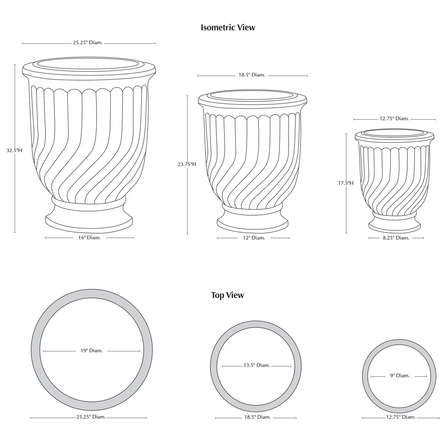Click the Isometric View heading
coord(228,28)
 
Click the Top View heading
coord(228,295)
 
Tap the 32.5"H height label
coord(14,151)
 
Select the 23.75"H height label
coord(187,164)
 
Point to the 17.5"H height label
coord(346,183)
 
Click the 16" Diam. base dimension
coord(89,238)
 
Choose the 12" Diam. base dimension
coord(254,238)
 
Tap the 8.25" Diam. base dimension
coord(396,238)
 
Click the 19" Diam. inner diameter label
coord(92,351)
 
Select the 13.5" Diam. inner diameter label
coord(257,365)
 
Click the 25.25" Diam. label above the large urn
coord(87,43)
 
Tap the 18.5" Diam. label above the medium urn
coord(252,75)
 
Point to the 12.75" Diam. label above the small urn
coord(394,119)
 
